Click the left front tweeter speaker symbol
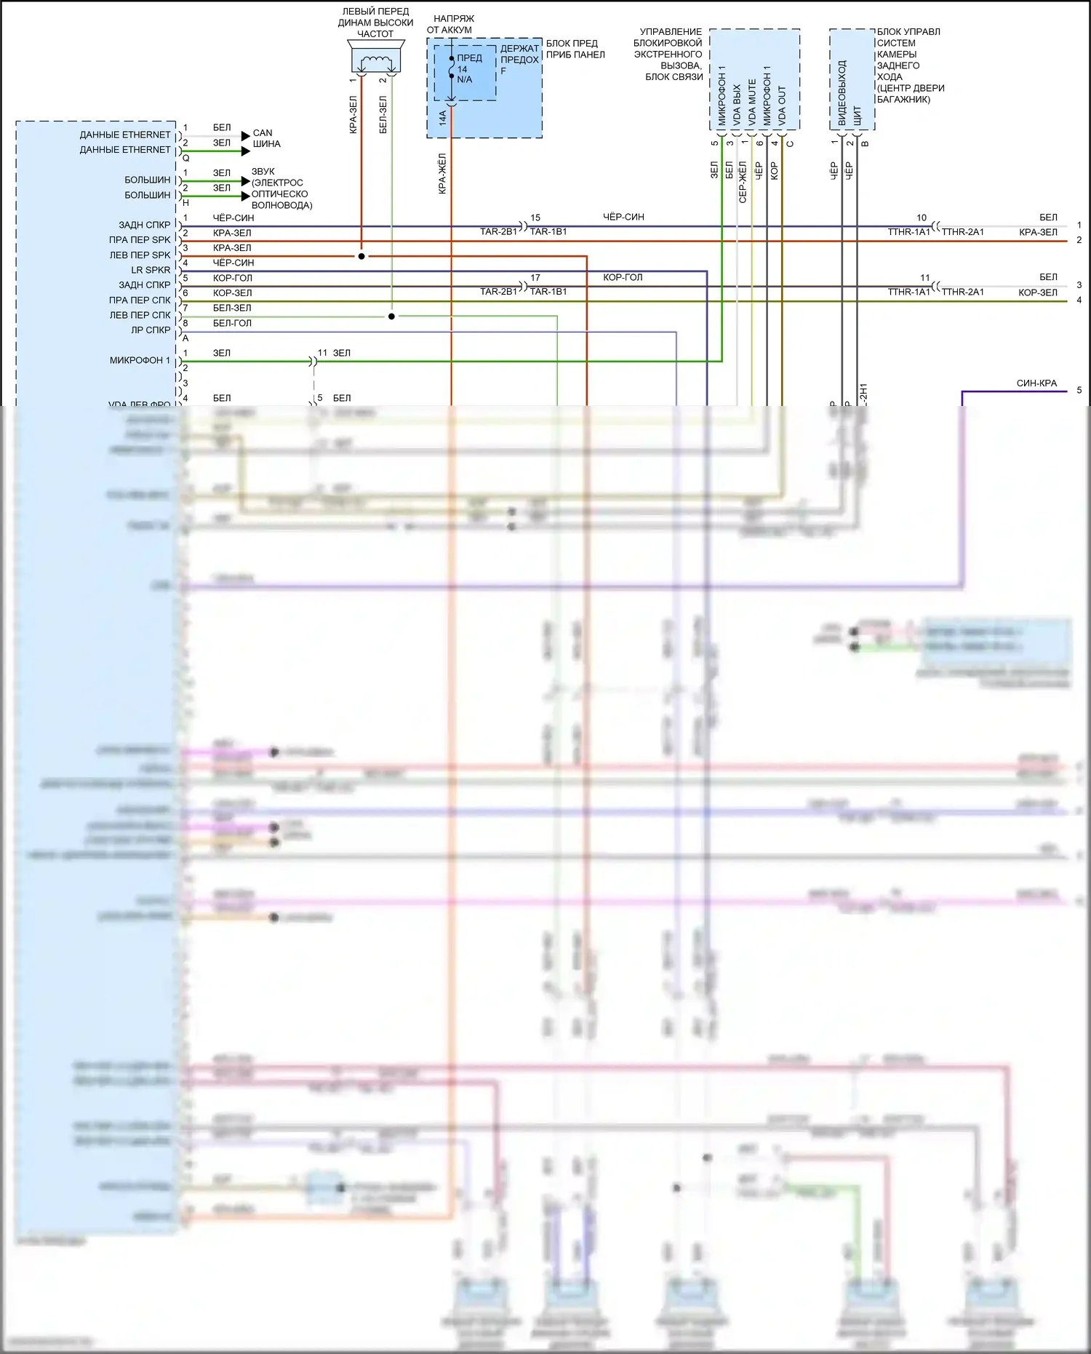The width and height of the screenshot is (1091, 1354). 375,58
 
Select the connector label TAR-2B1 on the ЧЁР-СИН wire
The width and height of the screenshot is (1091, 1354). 498,231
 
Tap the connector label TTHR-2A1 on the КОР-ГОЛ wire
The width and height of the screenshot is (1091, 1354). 962,292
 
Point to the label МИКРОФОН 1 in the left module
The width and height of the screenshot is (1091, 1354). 140,360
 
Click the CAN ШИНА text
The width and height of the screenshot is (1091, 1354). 265,138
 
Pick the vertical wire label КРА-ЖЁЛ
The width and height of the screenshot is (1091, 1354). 442,173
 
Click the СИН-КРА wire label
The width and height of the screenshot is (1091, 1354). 1036,383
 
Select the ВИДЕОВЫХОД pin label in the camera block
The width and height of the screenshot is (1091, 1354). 842,93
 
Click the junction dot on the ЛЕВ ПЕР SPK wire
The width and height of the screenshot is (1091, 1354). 361,256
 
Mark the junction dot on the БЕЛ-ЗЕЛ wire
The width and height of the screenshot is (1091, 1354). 391,316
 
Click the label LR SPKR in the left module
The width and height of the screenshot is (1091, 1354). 151,270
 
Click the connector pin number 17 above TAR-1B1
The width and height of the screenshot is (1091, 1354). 535,278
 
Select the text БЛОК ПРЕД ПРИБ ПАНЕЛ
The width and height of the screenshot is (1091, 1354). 575,49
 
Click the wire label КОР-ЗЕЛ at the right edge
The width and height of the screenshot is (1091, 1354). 1038,292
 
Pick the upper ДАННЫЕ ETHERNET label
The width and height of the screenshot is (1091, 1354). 125,135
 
